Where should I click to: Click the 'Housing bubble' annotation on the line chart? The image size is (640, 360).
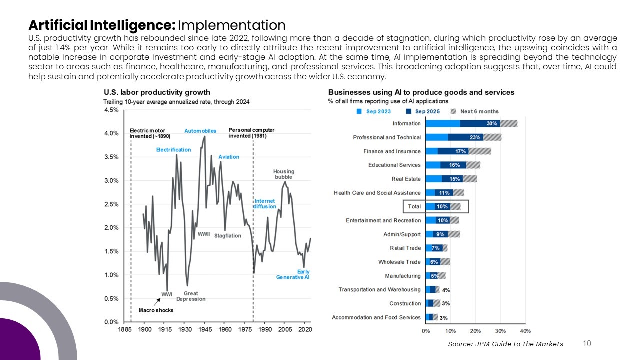tap(283, 174)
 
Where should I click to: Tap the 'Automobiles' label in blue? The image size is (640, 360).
tap(200, 131)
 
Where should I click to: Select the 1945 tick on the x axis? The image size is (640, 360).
tap(205, 330)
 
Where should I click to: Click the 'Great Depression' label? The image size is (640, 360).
tap(191, 296)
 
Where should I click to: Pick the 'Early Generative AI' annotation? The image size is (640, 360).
tap(293, 274)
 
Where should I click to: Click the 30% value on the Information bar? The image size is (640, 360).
tap(492, 124)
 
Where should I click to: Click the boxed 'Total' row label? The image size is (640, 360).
tap(414, 206)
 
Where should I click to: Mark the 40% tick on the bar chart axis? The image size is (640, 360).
tap(525, 331)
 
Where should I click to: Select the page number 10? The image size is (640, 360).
tap(587, 343)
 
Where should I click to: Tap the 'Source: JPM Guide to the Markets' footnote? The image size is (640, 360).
tap(505, 344)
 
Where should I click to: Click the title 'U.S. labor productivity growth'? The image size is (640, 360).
tap(157, 92)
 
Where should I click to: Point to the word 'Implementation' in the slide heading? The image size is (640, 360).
tap(231, 25)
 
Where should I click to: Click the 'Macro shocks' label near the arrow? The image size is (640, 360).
tap(156, 310)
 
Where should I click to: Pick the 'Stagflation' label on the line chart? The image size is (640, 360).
tap(228, 236)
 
